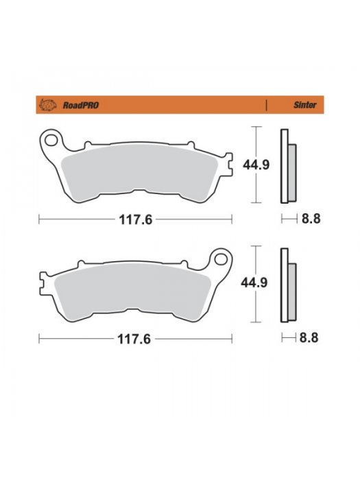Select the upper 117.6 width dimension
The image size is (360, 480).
click(134, 220)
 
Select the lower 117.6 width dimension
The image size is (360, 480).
click(134, 339)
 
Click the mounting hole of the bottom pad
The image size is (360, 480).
click(221, 260)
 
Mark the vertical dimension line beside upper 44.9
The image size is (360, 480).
click(256, 185)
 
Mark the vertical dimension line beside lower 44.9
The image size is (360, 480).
click(256, 305)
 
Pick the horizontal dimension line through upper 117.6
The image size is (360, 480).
click(69, 220)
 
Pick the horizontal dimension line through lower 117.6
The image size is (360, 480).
click(69, 339)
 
